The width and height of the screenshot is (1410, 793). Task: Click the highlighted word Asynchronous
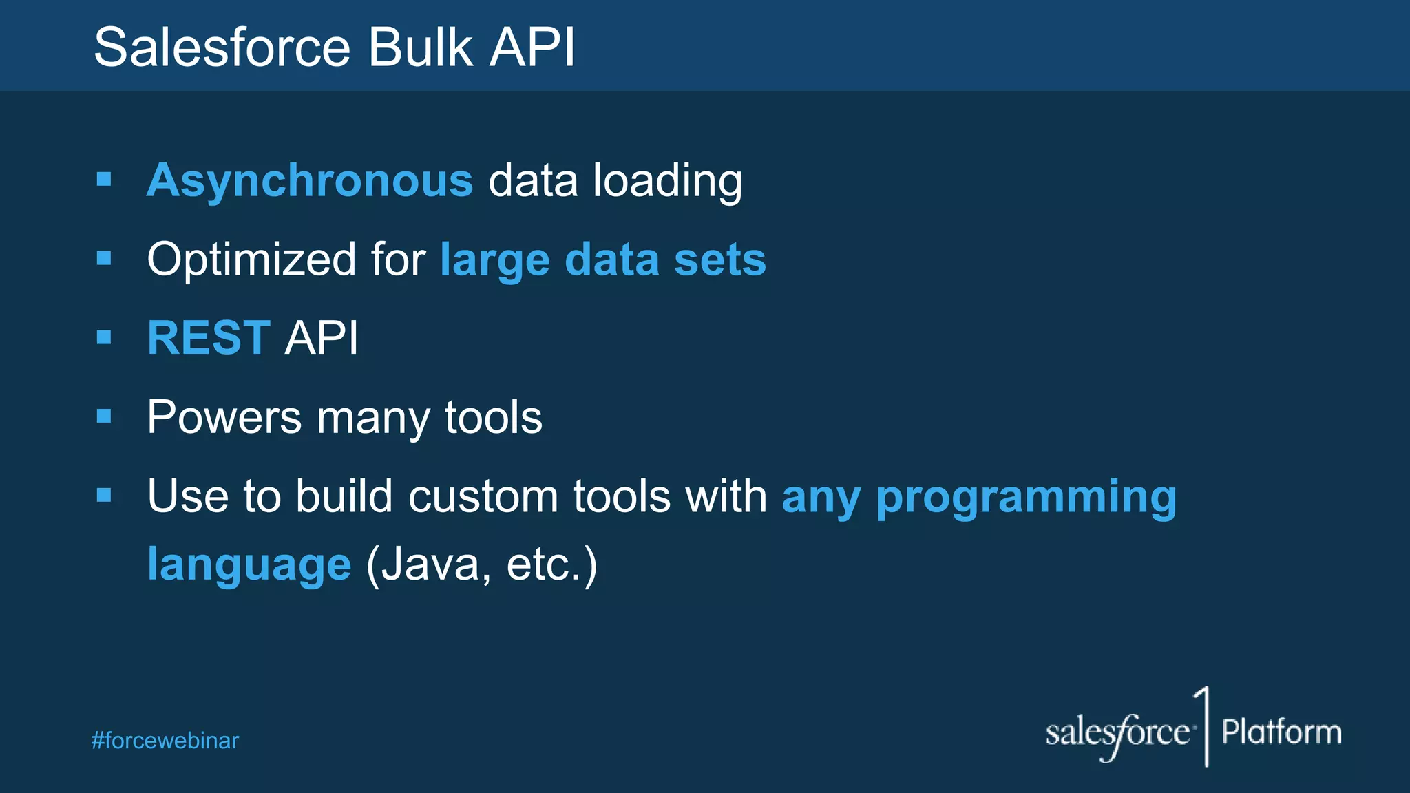[310, 180]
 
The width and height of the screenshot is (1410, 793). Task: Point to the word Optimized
[251, 260]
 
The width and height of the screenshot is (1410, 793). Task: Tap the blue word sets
[719, 260]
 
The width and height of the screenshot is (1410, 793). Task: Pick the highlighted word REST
[209, 337]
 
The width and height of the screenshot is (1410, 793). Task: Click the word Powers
[224, 417]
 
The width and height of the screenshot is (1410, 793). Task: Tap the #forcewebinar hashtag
[165, 741]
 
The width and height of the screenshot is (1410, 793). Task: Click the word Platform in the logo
[1281, 731]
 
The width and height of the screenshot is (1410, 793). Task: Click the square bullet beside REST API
[104, 337]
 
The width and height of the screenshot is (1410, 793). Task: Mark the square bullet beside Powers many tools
[104, 416]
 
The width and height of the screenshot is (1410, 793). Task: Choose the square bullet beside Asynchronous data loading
[104, 180]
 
